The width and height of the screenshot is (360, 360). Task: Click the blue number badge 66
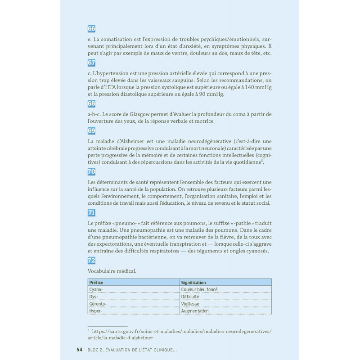pyautogui.click(x=91, y=29)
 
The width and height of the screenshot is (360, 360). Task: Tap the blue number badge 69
pyautogui.click(x=91, y=131)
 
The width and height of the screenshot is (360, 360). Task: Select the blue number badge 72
pyautogui.click(x=91, y=260)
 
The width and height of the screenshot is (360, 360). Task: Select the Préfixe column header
pyautogui.click(x=97, y=282)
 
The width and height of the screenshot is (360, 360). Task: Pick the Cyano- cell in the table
pyautogui.click(x=97, y=290)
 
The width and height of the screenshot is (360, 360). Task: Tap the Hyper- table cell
pyautogui.click(x=96, y=311)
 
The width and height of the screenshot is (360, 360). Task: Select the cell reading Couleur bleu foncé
pyautogui.click(x=199, y=290)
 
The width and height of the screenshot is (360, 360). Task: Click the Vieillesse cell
pyautogui.click(x=191, y=304)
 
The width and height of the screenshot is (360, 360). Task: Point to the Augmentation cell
pyautogui.click(x=194, y=311)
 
